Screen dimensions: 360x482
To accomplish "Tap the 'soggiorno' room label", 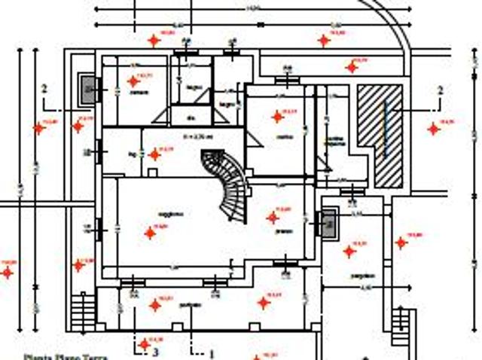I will coord(172,214).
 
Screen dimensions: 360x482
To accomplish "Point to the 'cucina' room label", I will coord(284,136).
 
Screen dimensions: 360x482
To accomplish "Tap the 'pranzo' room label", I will coord(283,230).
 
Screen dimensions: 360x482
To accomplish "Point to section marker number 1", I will coord(212,352).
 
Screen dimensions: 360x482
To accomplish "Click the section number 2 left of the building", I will coord(44,89).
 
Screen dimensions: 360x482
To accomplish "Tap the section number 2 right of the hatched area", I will coord(440,90).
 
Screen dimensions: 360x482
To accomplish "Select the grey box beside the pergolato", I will coord(328,223).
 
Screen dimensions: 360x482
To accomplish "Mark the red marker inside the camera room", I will coord(133,81).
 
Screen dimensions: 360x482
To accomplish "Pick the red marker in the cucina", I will coord(277,117).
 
